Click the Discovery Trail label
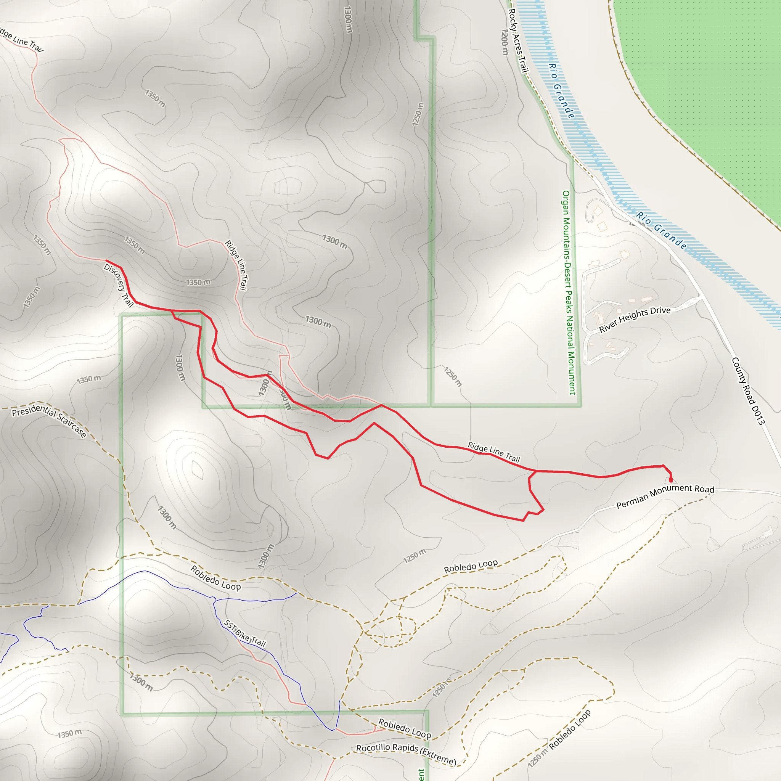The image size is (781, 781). point(119,285)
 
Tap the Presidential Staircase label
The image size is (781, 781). point(49,420)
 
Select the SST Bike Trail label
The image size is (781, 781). point(245,634)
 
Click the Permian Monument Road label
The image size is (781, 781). point(665,497)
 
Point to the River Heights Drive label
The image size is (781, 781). point(635,319)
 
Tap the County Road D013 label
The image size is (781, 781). point(748,391)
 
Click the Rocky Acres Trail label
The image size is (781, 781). point(518,41)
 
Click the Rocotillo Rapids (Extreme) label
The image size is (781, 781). point(406,754)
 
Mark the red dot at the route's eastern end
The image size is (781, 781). point(671,480)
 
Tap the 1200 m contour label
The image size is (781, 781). point(505,42)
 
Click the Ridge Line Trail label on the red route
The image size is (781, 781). point(493,452)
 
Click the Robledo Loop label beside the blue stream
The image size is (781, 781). point(215,578)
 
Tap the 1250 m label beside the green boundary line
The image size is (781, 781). point(418,114)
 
